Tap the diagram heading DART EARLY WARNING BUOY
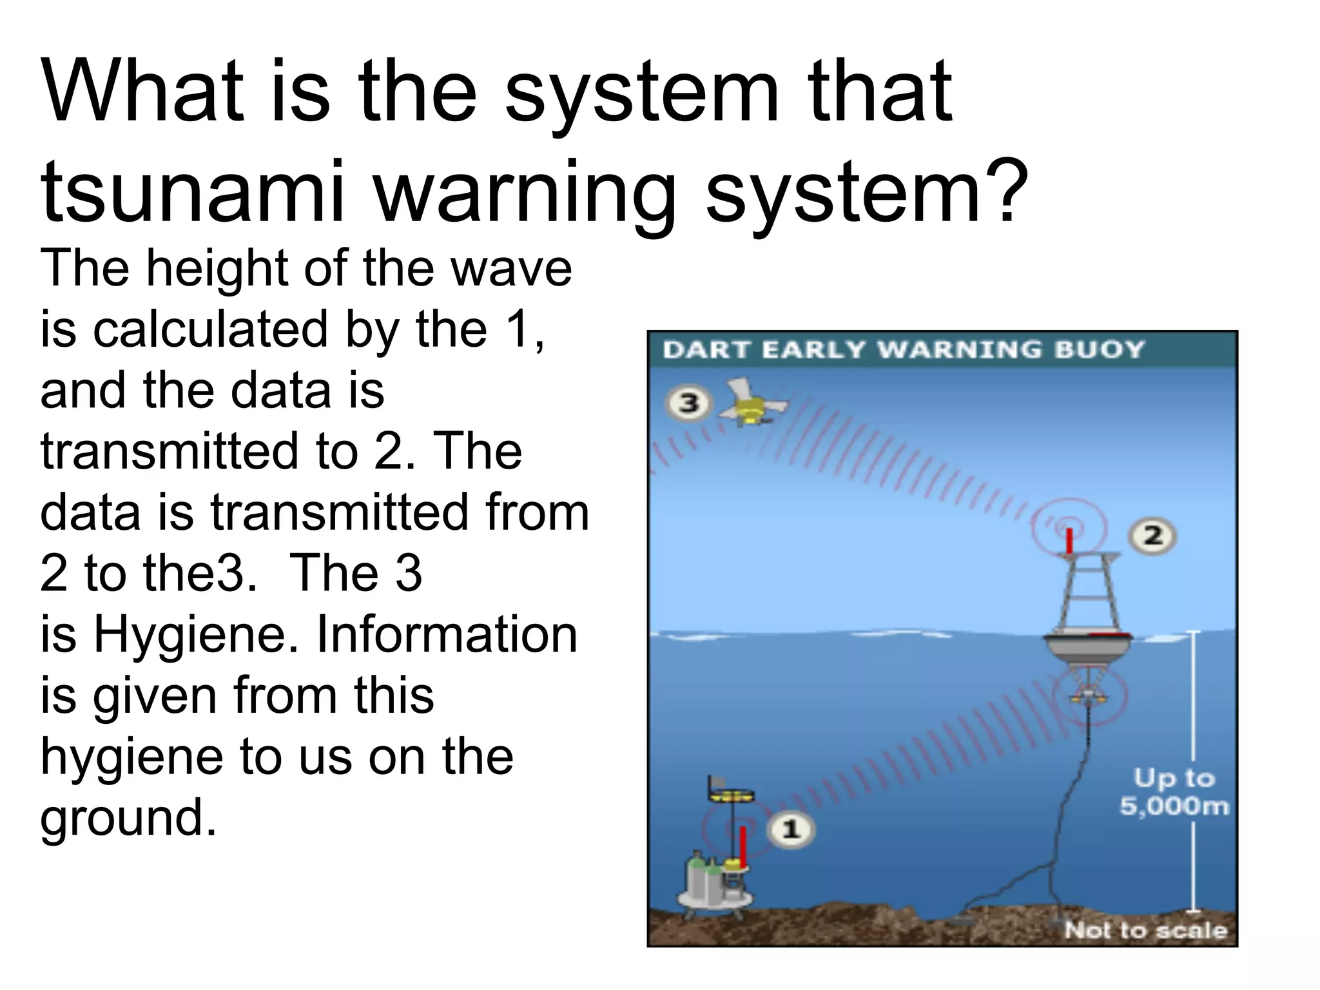903,350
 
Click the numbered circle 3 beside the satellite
688,404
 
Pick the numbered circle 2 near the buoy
1152,536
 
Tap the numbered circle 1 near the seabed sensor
791,829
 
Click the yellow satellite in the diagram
751,405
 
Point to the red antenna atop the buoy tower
1069,540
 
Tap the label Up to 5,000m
1174,792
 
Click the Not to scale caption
1145,930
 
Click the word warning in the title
525,191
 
